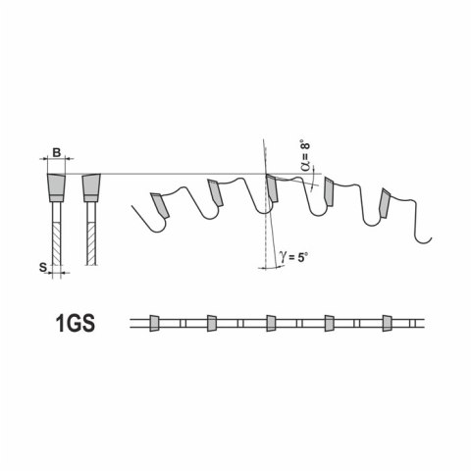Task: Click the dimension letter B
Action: pos(57,152)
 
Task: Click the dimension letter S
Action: pos(43,267)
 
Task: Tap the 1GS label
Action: pos(76,323)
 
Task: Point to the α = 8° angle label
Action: pos(305,157)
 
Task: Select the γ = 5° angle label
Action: pos(292,257)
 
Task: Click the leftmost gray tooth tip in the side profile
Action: pos(160,205)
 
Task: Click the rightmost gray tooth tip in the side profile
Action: pos(385,203)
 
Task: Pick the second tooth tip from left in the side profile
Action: pos(215,192)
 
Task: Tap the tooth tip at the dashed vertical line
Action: pos(272,188)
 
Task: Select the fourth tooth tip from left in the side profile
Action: pos(329,192)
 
